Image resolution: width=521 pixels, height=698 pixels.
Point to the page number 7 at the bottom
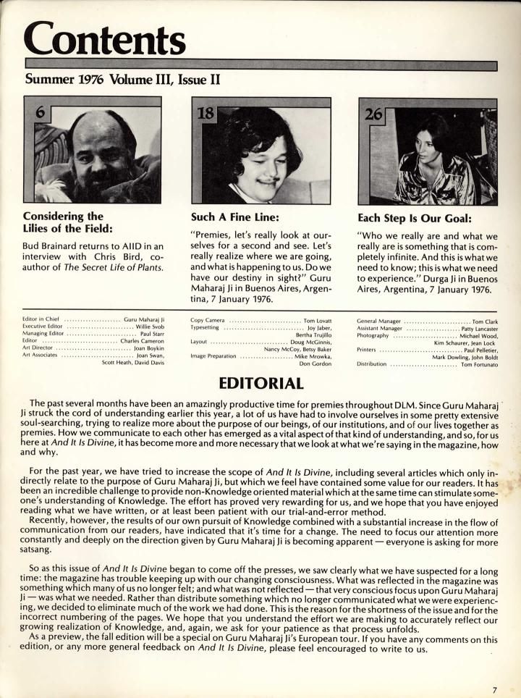[x=495, y=689]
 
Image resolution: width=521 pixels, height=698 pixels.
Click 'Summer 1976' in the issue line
[x=64, y=77]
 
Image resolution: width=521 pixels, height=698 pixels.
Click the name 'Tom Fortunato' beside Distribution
[x=479, y=364]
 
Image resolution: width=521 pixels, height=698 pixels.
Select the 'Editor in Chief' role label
[x=43, y=319]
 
